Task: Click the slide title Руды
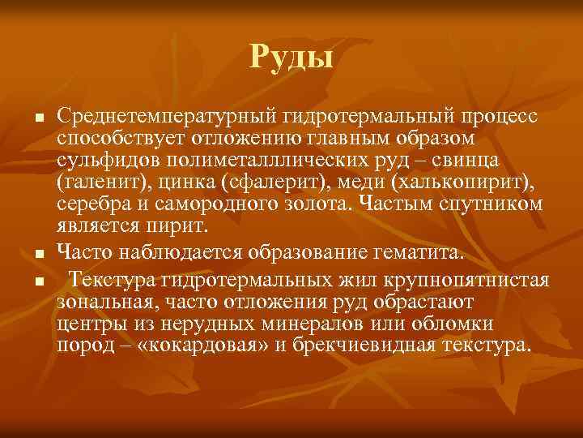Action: (x=291, y=56)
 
